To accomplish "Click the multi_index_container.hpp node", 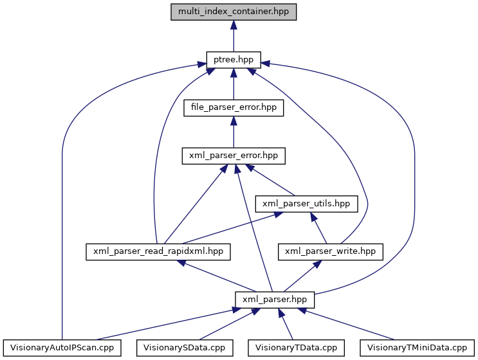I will [x=234, y=12].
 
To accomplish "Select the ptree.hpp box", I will [x=233, y=60].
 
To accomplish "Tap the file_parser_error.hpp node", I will [x=233, y=107].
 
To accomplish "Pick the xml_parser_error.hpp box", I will [x=233, y=156].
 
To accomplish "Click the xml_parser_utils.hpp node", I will [x=306, y=203].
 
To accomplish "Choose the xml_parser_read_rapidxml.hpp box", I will [x=158, y=251].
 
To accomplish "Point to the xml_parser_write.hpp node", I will [x=330, y=251].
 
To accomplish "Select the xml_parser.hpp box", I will [x=275, y=299].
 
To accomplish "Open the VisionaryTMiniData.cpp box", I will [x=416, y=347].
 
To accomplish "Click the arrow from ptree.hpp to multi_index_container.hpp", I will [x=234, y=36].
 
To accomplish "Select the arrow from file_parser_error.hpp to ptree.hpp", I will [x=233, y=84].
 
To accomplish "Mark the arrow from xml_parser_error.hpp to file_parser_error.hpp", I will [x=233, y=132].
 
